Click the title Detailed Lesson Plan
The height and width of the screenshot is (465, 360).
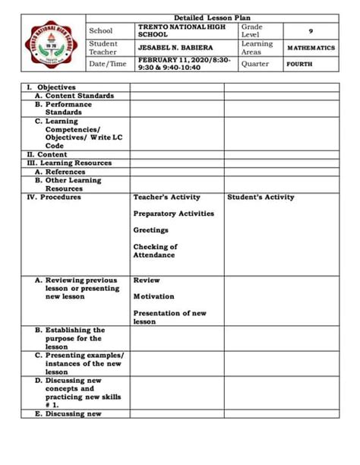click(x=212, y=17)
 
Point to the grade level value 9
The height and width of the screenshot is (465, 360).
click(x=310, y=31)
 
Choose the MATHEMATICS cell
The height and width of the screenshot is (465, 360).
click(x=311, y=48)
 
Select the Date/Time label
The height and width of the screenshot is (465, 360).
click(x=108, y=65)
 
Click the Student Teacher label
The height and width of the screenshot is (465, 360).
click(x=103, y=48)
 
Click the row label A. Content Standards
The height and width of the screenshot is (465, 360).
click(x=74, y=96)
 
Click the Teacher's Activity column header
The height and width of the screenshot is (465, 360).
click(x=166, y=197)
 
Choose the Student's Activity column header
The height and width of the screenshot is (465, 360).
click(x=261, y=197)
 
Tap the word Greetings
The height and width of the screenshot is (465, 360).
click(x=150, y=230)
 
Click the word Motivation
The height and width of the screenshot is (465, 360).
click(x=153, y=296)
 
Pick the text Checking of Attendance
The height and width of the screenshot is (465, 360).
click(x=155, y=251)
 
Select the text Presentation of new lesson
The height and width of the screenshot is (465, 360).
click(x=169, y=317)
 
